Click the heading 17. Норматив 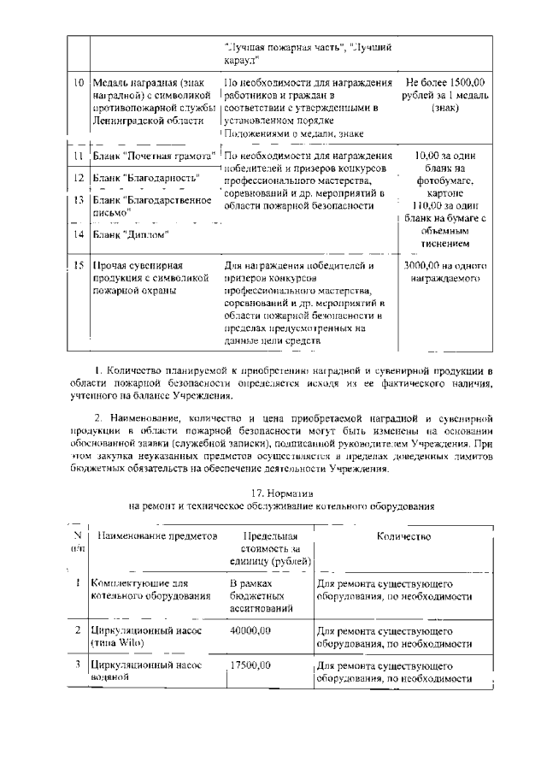coord(283,493)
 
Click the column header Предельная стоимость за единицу coord(266,548)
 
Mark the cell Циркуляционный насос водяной coord(137,671)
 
